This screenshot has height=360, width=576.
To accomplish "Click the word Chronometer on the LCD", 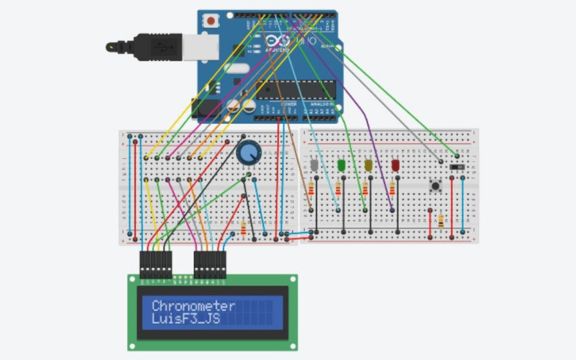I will [x=193, y=306].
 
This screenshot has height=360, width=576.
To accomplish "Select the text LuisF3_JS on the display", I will [x=187, y=320].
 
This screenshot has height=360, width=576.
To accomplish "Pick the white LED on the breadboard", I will [x=315, y=165].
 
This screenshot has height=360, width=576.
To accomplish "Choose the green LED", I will [x=342, y=165].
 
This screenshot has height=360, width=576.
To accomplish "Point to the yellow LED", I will [x=368, y=165].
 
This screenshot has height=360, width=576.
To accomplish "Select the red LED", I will [x=395, y=165].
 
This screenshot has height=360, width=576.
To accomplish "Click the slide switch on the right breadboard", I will [x=456, y=166].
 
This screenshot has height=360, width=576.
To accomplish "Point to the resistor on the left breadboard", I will [x=243, y=229].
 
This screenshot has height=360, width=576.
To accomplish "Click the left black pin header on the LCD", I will [x=156, y=265].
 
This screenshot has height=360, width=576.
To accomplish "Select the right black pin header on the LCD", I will [x=211, y=265].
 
